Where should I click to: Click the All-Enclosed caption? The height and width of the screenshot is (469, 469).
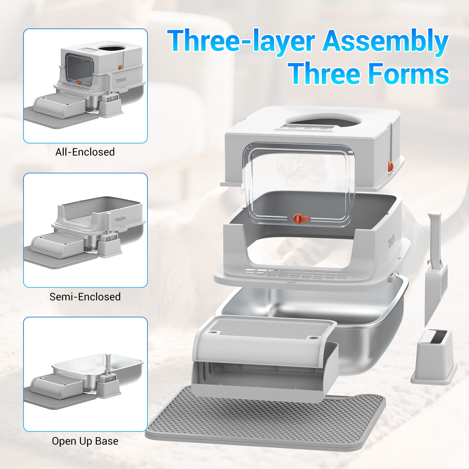tap(85, 152)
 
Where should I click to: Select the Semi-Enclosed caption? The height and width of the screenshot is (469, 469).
tap(85, 297)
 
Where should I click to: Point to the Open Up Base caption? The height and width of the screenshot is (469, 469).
tap(85, 441)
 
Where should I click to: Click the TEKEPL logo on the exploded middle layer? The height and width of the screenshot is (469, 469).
tap(392, 242)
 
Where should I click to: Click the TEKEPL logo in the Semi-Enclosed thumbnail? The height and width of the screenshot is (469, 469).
tap(120, 219)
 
